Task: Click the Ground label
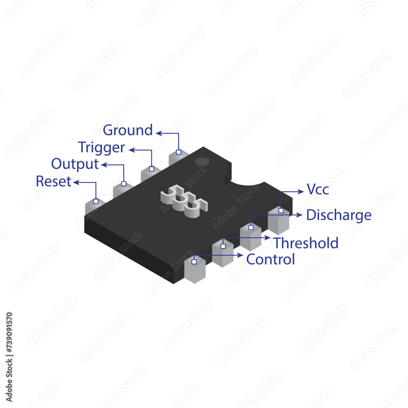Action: [128, 130]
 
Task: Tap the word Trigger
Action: [101, 147]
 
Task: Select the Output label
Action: [75, 164]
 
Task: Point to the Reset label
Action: [53, 181]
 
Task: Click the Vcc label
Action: [317, 190]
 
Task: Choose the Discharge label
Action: [339, 215]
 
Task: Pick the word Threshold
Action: [306, 243]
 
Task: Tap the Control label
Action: [271, 259]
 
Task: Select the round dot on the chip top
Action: [202, 162]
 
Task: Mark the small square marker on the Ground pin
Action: [178, 152]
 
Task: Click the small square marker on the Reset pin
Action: [96, 201]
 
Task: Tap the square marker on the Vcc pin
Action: [281, 211]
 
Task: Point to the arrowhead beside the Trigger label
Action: [132, 150]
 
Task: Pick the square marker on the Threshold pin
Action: [223, 246]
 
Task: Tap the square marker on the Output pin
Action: [124, 184]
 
